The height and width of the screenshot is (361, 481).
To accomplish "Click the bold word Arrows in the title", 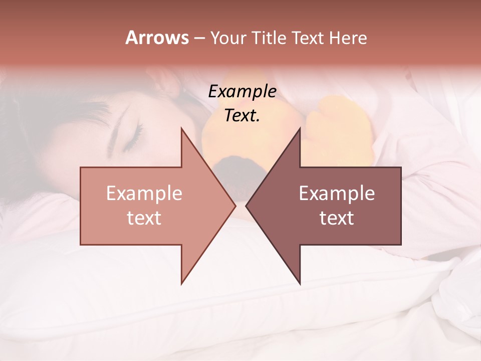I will [x=156, y=38].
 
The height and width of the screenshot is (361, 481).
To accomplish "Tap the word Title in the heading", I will [x=268, y=38].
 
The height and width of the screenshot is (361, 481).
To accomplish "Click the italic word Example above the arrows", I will [x=242, y=92].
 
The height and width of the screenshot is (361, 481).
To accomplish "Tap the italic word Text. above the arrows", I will [x=242, y=116].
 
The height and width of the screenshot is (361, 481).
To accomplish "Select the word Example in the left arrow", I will [x=144, y=194].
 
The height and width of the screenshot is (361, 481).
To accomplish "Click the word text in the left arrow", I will [x=144, y=218].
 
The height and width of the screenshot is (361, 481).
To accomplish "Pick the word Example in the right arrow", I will [x=337, y=194].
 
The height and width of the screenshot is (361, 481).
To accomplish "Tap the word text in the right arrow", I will [x=337, y=218].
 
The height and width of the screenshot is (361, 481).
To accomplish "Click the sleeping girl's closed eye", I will [x=129, y=142].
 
